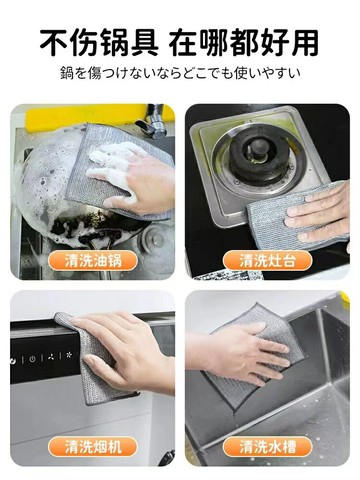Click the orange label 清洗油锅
[x=93, y=260]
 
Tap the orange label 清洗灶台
[x=267, y=260]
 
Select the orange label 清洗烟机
[x=93, y=447]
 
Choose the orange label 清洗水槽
[x=267, y=447]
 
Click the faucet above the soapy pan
[x=152, y=121]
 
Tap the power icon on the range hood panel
[x=32, y=359]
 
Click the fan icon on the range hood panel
[x=51, y=357]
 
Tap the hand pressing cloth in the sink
[x=243, y=353]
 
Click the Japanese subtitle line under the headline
[x=180, y=73]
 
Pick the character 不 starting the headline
[x=54, y=43]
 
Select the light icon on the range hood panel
[x=70, y=355]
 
